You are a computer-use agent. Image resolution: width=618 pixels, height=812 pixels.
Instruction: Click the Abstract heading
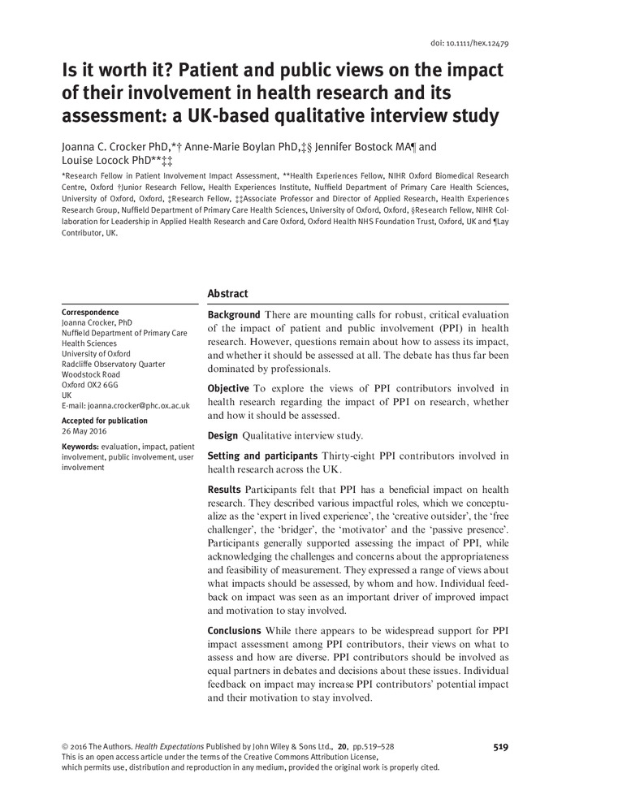pos(227,294)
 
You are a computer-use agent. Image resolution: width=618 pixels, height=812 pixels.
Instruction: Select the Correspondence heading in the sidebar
pos(90,313)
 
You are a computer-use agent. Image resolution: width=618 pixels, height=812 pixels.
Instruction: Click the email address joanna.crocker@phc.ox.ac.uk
pos(126,405)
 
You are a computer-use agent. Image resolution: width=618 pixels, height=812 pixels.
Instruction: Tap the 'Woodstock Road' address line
pos(91,374)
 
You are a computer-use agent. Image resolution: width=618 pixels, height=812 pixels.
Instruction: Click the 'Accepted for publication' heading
pos(105,421)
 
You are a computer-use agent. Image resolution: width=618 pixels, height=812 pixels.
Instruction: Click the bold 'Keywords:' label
pos(80,447)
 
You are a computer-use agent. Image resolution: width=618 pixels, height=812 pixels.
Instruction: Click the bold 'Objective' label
pos(228,389)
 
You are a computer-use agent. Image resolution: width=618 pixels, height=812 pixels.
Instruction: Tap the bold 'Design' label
pos(223,436)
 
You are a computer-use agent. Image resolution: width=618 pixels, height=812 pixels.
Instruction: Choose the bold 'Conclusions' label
pos(235,630)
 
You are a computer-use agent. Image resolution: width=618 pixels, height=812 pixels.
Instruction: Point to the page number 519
pos(500,746)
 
